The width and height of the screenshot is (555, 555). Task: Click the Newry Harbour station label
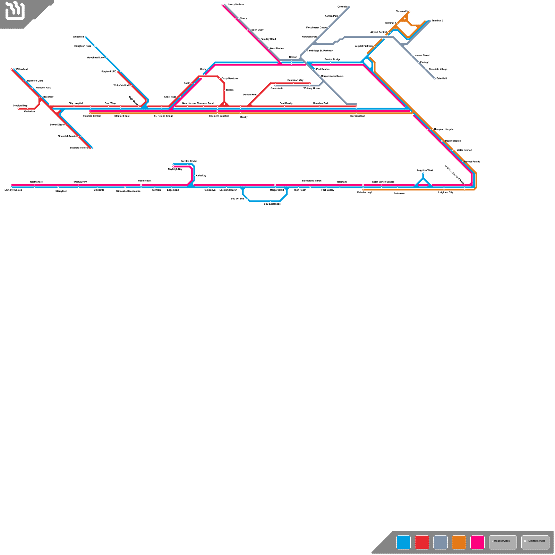pos(236,5)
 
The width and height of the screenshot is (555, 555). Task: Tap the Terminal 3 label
pos(402,11)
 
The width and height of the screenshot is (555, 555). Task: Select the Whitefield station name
pos(78,37)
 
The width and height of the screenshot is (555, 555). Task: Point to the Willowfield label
pos(22,69)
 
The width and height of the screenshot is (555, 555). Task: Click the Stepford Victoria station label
pos(79,148)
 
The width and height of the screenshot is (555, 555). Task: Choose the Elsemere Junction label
pos(219,116)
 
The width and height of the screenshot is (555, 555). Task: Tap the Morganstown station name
pos(358,116)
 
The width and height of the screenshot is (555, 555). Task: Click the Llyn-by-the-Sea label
pos(13,190)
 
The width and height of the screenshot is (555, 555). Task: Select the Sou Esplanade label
pos(272,204)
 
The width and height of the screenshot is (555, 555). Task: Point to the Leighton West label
pos(425,170)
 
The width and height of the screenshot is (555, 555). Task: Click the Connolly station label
pos(342,7)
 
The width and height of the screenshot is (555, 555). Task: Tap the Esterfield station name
pos(442,78)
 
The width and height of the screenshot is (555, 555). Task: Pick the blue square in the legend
pos(403,542)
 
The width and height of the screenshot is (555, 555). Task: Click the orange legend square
pos(459,542)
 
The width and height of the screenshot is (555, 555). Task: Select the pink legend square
pos(477,542)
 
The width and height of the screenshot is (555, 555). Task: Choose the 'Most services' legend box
pos(503,542)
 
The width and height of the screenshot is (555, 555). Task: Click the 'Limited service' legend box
pos(535,542)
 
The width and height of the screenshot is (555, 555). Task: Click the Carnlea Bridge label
pos(189,161)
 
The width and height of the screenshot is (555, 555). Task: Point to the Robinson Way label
pos(295,80)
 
